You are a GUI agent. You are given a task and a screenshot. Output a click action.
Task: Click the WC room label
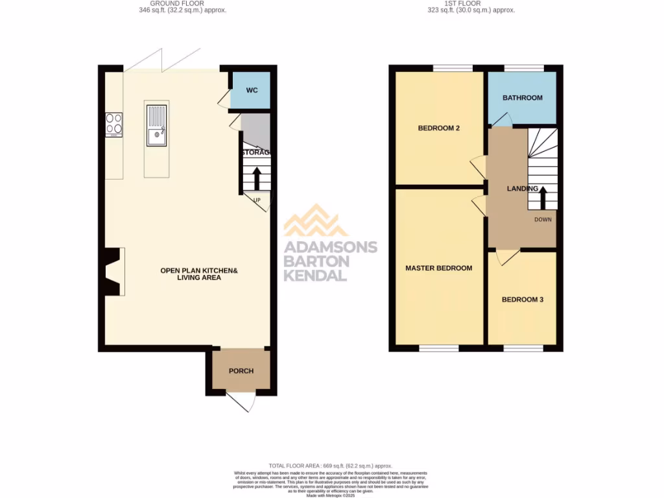[x=252, y=90]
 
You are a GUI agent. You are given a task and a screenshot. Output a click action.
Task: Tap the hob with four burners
[x=113, y=125]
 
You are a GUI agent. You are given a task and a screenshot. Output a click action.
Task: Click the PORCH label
[x=241, y=371]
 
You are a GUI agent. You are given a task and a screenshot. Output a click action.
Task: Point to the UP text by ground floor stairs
[x=257, y=200]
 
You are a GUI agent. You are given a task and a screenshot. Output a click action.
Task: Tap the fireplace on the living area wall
[x=113, y=271]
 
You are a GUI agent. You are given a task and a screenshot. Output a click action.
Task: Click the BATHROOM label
[x=523, y=98]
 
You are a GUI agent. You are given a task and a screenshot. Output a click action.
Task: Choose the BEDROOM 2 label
[x=438, y=128]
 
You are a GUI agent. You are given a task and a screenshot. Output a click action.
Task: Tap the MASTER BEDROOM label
[x=438, y=268]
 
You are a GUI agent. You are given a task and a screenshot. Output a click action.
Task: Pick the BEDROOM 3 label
[x=523, y=300]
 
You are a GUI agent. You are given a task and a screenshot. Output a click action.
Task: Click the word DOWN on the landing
[x=543, y=219]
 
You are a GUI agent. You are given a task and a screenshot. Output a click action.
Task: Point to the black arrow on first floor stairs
[x=543, y=195]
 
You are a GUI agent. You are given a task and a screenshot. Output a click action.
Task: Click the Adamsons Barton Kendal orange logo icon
[x=316, y=220]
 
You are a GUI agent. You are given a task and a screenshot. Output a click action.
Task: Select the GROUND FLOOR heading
[x=182, y=3]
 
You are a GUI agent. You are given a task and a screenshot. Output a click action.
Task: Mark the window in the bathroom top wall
[x=524, y=67]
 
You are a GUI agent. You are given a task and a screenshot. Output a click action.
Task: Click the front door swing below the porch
[x=241, y=402]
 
